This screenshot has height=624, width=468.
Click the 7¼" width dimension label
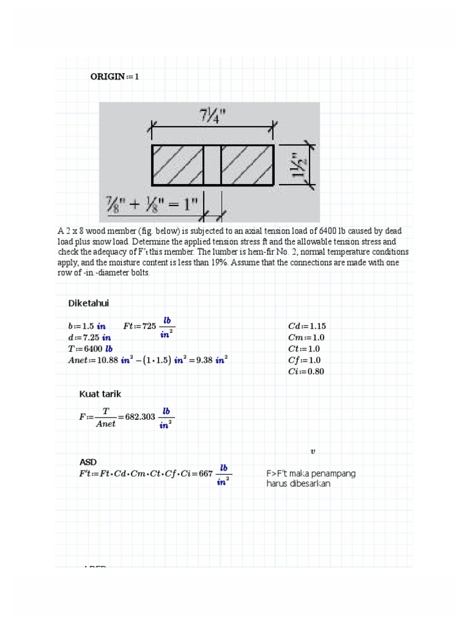tap(213, 116)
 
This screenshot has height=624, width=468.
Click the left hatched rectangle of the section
tap(178, 165)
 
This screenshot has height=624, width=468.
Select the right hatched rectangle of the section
tap(247, 165)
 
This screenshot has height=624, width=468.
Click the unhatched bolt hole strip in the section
tap(212, 165)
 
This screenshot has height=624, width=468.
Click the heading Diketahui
tap(88, 303)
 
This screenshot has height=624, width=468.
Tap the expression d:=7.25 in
tap(89, 338)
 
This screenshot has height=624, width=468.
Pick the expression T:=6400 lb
tap(90, 349)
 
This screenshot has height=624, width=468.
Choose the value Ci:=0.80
tap(306, 372)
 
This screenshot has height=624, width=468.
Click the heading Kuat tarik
tap(100, 394)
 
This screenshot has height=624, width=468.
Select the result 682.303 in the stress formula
tap(140, 417)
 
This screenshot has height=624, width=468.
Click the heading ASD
tap(88, 461)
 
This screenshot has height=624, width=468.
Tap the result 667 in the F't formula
tap(205, 473)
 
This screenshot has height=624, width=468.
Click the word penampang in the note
tap(333, 473)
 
